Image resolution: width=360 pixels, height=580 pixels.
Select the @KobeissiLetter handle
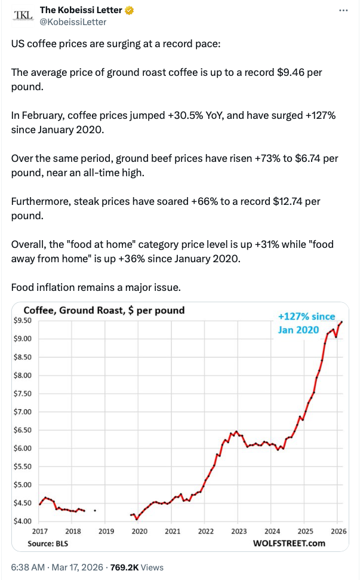click(x=73, y=22)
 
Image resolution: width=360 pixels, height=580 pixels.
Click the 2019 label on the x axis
click(x=106, y=531)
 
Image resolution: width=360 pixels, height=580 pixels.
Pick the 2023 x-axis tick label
click(x=239, y=531)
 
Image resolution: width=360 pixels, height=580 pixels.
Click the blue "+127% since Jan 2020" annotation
click(x=306, y=323)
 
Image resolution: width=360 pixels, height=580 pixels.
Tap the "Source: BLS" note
click(x=46, y=544)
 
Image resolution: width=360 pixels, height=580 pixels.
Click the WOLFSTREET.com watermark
click(x=289, y=543)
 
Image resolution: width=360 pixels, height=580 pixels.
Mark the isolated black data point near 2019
click(x=95, y=510)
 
